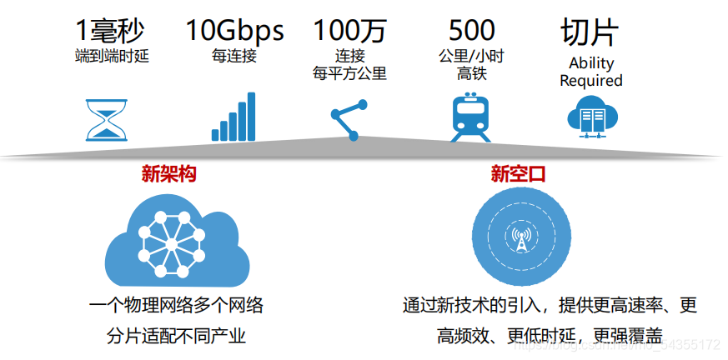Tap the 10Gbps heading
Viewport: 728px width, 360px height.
click(x=234, y=30)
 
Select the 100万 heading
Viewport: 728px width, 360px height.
click(x=350, y=30)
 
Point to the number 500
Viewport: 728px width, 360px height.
click(x=471, y=30)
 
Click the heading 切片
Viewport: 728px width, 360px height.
click(x=590, y=30)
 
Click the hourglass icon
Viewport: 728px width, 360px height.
click(x=107, y=119)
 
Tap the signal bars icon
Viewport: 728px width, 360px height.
click(x=233, y=117)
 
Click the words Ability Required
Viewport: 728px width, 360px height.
click(x=591, y=72)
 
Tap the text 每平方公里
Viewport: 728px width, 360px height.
click(x=350, y=73)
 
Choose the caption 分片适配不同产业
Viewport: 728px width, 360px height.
click(x=176, y=336)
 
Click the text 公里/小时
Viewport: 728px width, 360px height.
click(x=471, y=57)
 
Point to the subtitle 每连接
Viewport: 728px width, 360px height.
click(x=233, y=57)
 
